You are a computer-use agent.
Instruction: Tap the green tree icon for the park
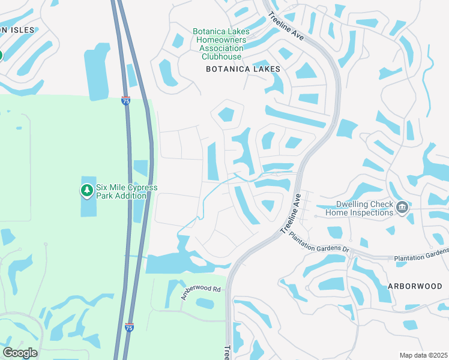coord(87,191)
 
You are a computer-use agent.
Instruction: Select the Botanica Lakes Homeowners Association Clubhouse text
coord(217,44)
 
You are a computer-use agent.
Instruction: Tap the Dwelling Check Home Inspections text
coord(360,208)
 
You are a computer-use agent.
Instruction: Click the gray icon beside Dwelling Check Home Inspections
coord(403,208)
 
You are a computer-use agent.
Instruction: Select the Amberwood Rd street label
coord(201,293)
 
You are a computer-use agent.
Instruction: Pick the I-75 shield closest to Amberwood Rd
coord(129,327)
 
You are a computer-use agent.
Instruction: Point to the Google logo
coord(20,352)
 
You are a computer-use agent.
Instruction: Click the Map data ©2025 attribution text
coord(424,355)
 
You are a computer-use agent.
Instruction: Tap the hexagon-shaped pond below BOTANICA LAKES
coord(226,114)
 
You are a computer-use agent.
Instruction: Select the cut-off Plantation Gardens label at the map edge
coord(421,257)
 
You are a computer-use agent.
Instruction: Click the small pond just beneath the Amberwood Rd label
coord(204,304)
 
